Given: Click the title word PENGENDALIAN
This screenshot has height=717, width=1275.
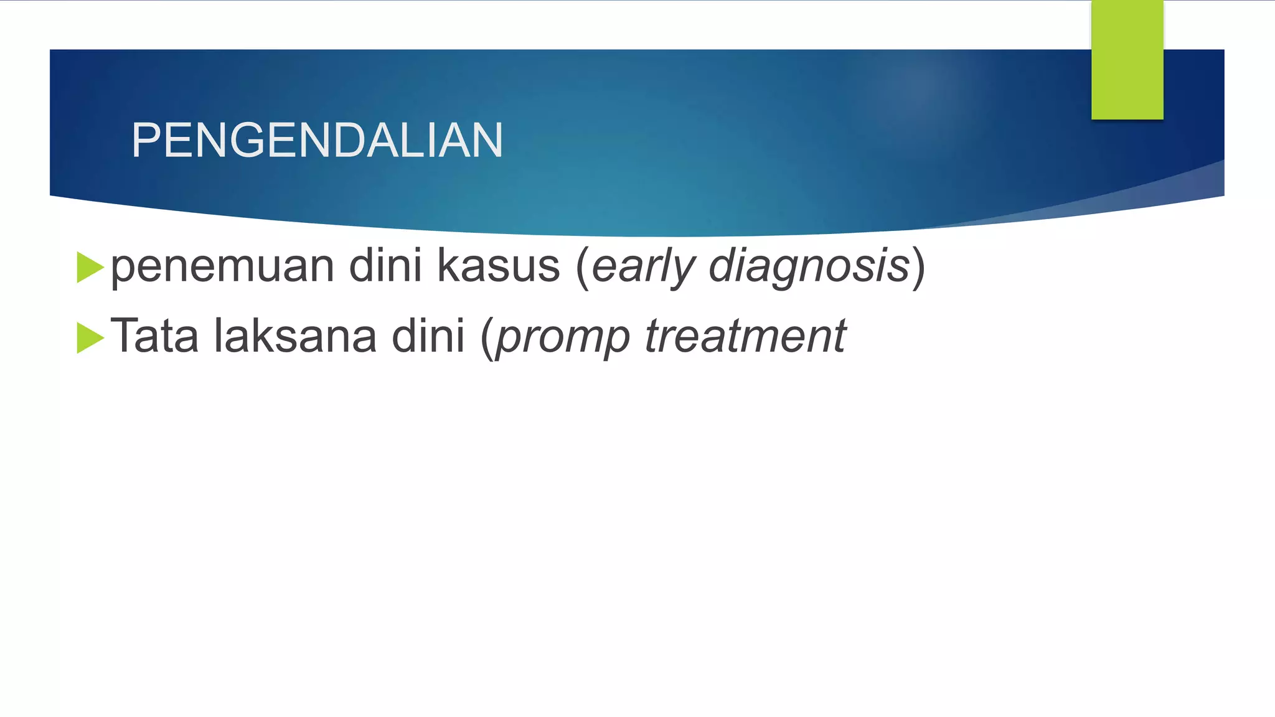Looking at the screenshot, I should point(317,140).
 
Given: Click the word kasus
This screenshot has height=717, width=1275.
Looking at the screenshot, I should point(498,267).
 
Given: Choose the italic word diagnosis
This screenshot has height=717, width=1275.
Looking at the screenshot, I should point(809,267).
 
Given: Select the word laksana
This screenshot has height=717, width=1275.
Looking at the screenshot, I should point(295,336).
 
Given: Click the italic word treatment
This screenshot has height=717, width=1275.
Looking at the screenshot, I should point(745,336).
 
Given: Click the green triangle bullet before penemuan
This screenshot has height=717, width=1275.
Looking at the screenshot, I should point(90,268).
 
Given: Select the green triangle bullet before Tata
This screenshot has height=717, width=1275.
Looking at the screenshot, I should point(90,338).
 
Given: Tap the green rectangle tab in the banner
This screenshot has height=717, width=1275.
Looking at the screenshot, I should point(1127,60).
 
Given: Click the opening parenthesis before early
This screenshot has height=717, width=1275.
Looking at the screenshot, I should point(583,267).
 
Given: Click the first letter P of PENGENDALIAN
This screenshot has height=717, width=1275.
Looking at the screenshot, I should point(144,140).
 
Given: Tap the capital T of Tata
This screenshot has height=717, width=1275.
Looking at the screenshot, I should point(123,336).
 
